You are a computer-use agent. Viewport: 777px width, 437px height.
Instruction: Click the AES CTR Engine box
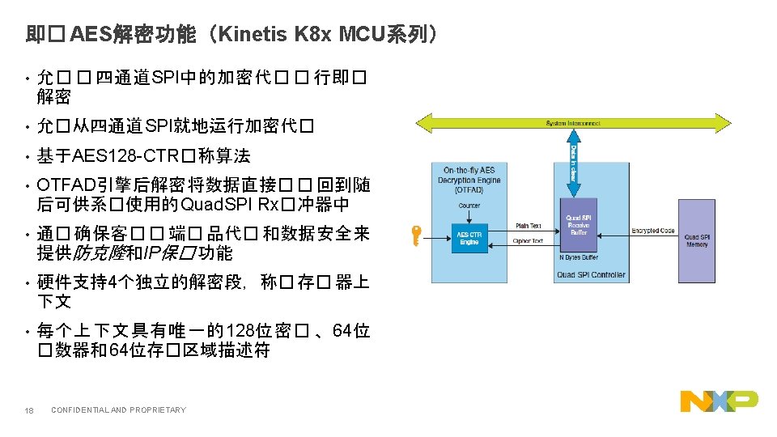pos(469,238)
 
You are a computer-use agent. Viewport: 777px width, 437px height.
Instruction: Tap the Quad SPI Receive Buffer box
pos(578,225)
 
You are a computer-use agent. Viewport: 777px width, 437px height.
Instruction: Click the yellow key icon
pos(414,236)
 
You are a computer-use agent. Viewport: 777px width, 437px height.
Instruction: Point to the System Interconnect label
pos(573,123)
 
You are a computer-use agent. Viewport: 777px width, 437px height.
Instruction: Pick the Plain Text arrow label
pos(529,226)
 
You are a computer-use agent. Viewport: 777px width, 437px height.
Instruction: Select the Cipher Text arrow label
pos(529,241)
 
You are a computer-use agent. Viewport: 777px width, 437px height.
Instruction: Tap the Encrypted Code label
pos(652,231)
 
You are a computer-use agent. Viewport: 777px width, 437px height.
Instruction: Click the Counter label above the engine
pos(469,206)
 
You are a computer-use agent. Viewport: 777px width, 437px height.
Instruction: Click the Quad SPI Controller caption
pos(591,274)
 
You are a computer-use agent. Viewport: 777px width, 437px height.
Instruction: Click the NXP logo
pos(719,401)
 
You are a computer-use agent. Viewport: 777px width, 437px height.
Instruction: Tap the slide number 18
pos(28,410)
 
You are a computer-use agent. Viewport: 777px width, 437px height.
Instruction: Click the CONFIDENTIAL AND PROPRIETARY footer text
pos(118,410)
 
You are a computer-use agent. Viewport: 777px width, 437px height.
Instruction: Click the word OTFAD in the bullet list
pos(64,185)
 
